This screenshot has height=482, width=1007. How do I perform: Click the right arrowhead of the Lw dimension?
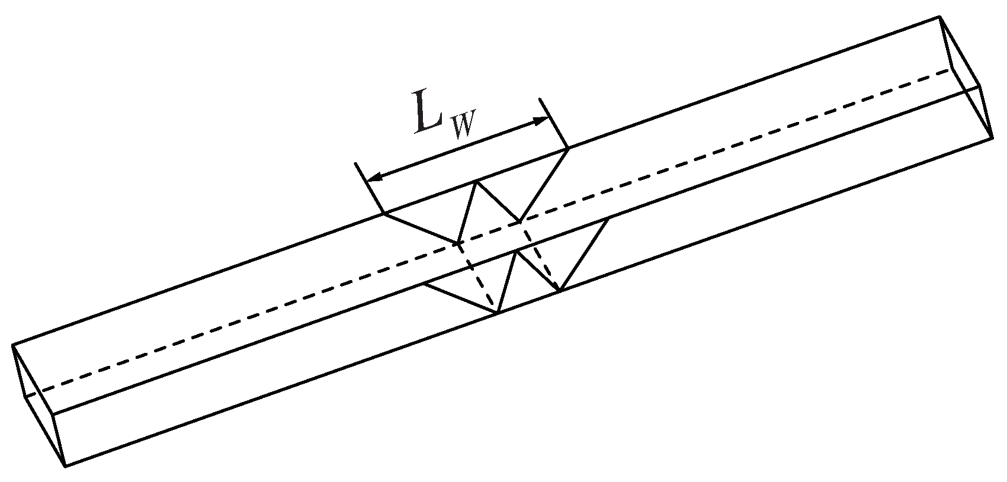(x=542, y=120)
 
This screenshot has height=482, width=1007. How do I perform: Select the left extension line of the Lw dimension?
(x=369, y=187)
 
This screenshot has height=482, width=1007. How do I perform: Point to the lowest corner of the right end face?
(x=993, y=138)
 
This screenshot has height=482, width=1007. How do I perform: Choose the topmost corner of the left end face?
(x=12, y=344)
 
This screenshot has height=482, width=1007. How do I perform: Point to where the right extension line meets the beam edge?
(x=569, y=148)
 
